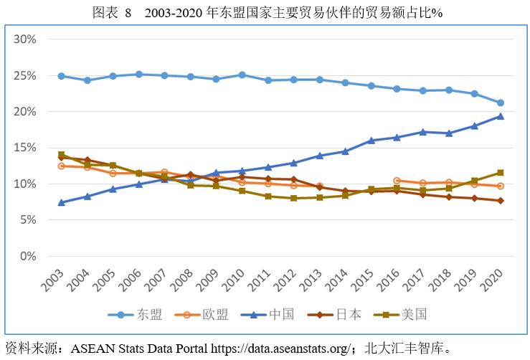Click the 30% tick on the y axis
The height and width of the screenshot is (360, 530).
pos(24,39)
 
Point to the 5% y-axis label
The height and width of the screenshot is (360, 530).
pos(27,220)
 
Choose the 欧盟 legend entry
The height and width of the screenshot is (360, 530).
pos(208,314)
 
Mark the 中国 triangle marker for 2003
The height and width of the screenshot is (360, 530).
pos(62,202)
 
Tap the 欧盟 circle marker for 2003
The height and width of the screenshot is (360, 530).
pos(62,166)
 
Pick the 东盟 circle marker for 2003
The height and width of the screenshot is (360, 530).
pos(62,75)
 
